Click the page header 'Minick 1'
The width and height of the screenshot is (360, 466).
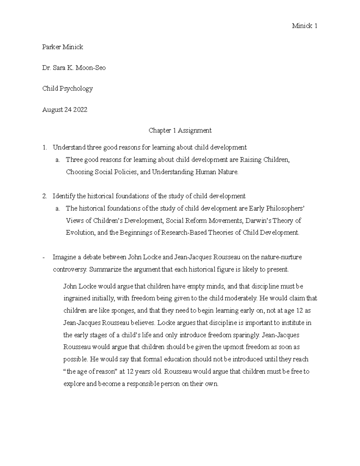point(304,26)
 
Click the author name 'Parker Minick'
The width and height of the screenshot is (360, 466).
point(62,47)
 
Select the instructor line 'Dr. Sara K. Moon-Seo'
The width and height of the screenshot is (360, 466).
point(74,68)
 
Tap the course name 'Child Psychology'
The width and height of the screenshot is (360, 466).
point(67,89)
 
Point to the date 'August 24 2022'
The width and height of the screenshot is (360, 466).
point(65,110)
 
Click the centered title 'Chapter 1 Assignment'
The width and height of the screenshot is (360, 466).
point(180,130)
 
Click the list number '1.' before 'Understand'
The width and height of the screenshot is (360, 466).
point(45,147)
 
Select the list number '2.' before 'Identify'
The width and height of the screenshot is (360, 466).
point(45,196)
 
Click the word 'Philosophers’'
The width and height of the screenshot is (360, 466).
point(285,209)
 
